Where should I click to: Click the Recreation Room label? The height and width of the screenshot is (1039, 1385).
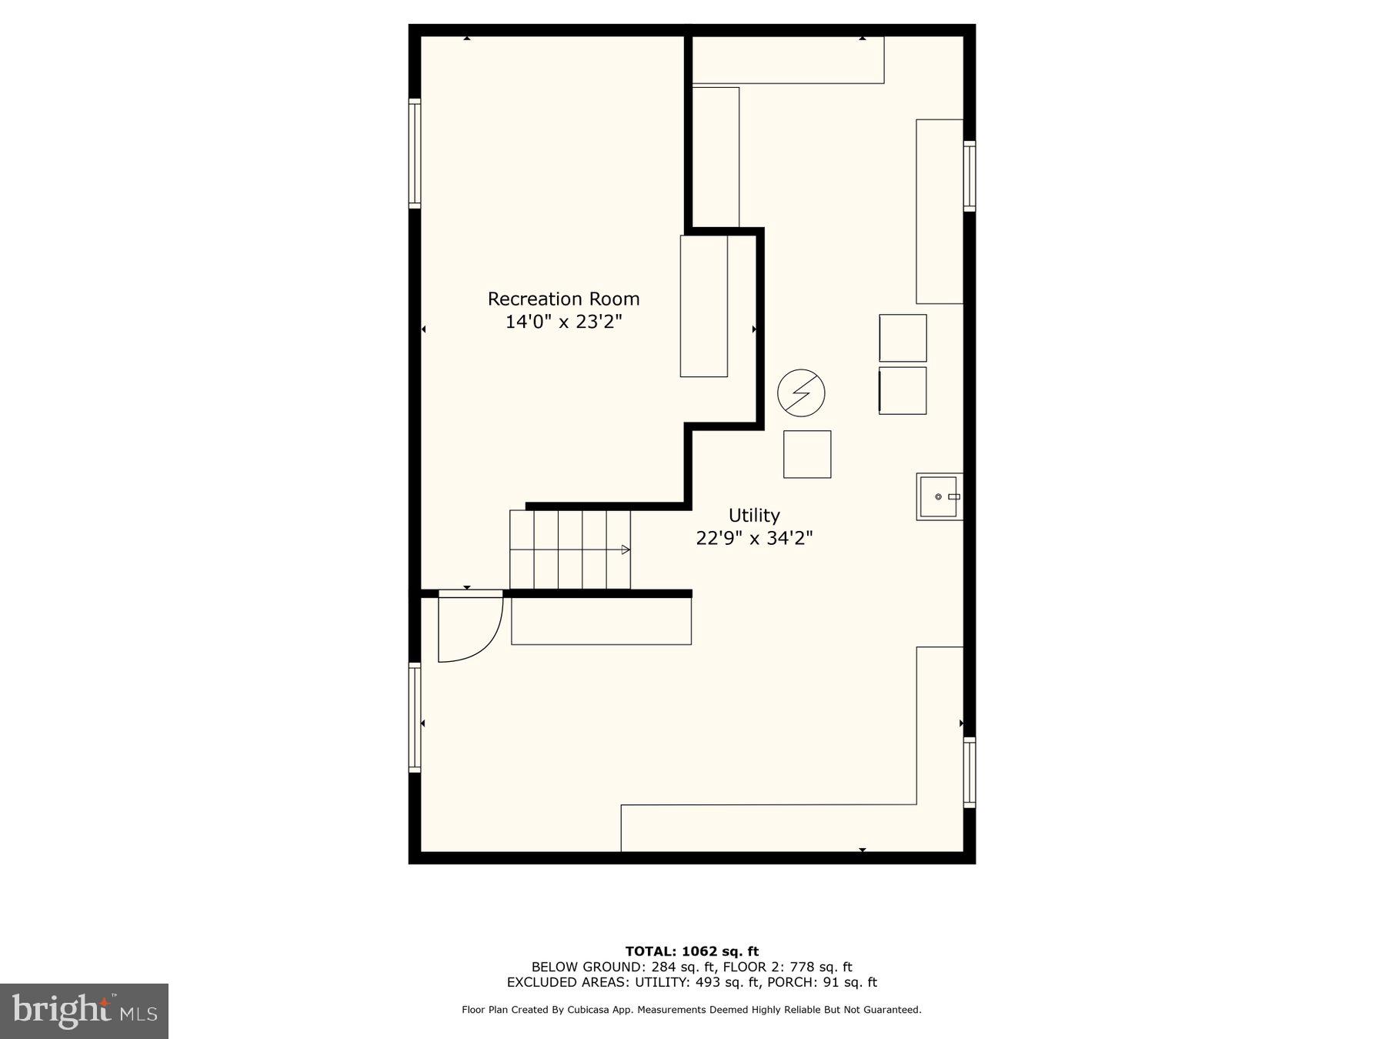click(563, 299)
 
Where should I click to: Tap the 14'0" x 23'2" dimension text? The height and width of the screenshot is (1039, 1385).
click(563, 322)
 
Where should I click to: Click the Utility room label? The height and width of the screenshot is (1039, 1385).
click(754, 515)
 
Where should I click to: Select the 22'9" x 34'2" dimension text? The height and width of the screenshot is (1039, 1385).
click(754, 538)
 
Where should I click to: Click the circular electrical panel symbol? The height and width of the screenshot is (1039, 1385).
click(801, 393)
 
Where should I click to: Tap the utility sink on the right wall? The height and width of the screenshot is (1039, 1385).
click(939, 496)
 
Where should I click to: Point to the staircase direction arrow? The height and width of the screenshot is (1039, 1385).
click(626, 550)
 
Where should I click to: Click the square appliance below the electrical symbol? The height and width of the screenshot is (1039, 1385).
click(807, 454)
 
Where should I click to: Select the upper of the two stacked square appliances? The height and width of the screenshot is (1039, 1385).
click(903, 338)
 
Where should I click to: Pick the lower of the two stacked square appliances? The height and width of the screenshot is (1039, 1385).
click(903, 390)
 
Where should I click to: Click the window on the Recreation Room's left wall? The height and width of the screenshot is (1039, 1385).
click(415, 153)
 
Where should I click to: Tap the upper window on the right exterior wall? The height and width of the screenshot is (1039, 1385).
click(969, 175)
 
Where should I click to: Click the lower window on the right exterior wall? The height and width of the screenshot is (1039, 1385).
click(969, 772)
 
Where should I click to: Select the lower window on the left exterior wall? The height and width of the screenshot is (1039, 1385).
click(415, 717)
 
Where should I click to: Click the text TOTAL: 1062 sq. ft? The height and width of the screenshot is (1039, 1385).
click(692, 951)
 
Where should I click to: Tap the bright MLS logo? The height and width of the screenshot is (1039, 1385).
click(84, 1011)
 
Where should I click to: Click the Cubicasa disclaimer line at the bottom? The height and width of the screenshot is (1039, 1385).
click(692, 1010)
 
